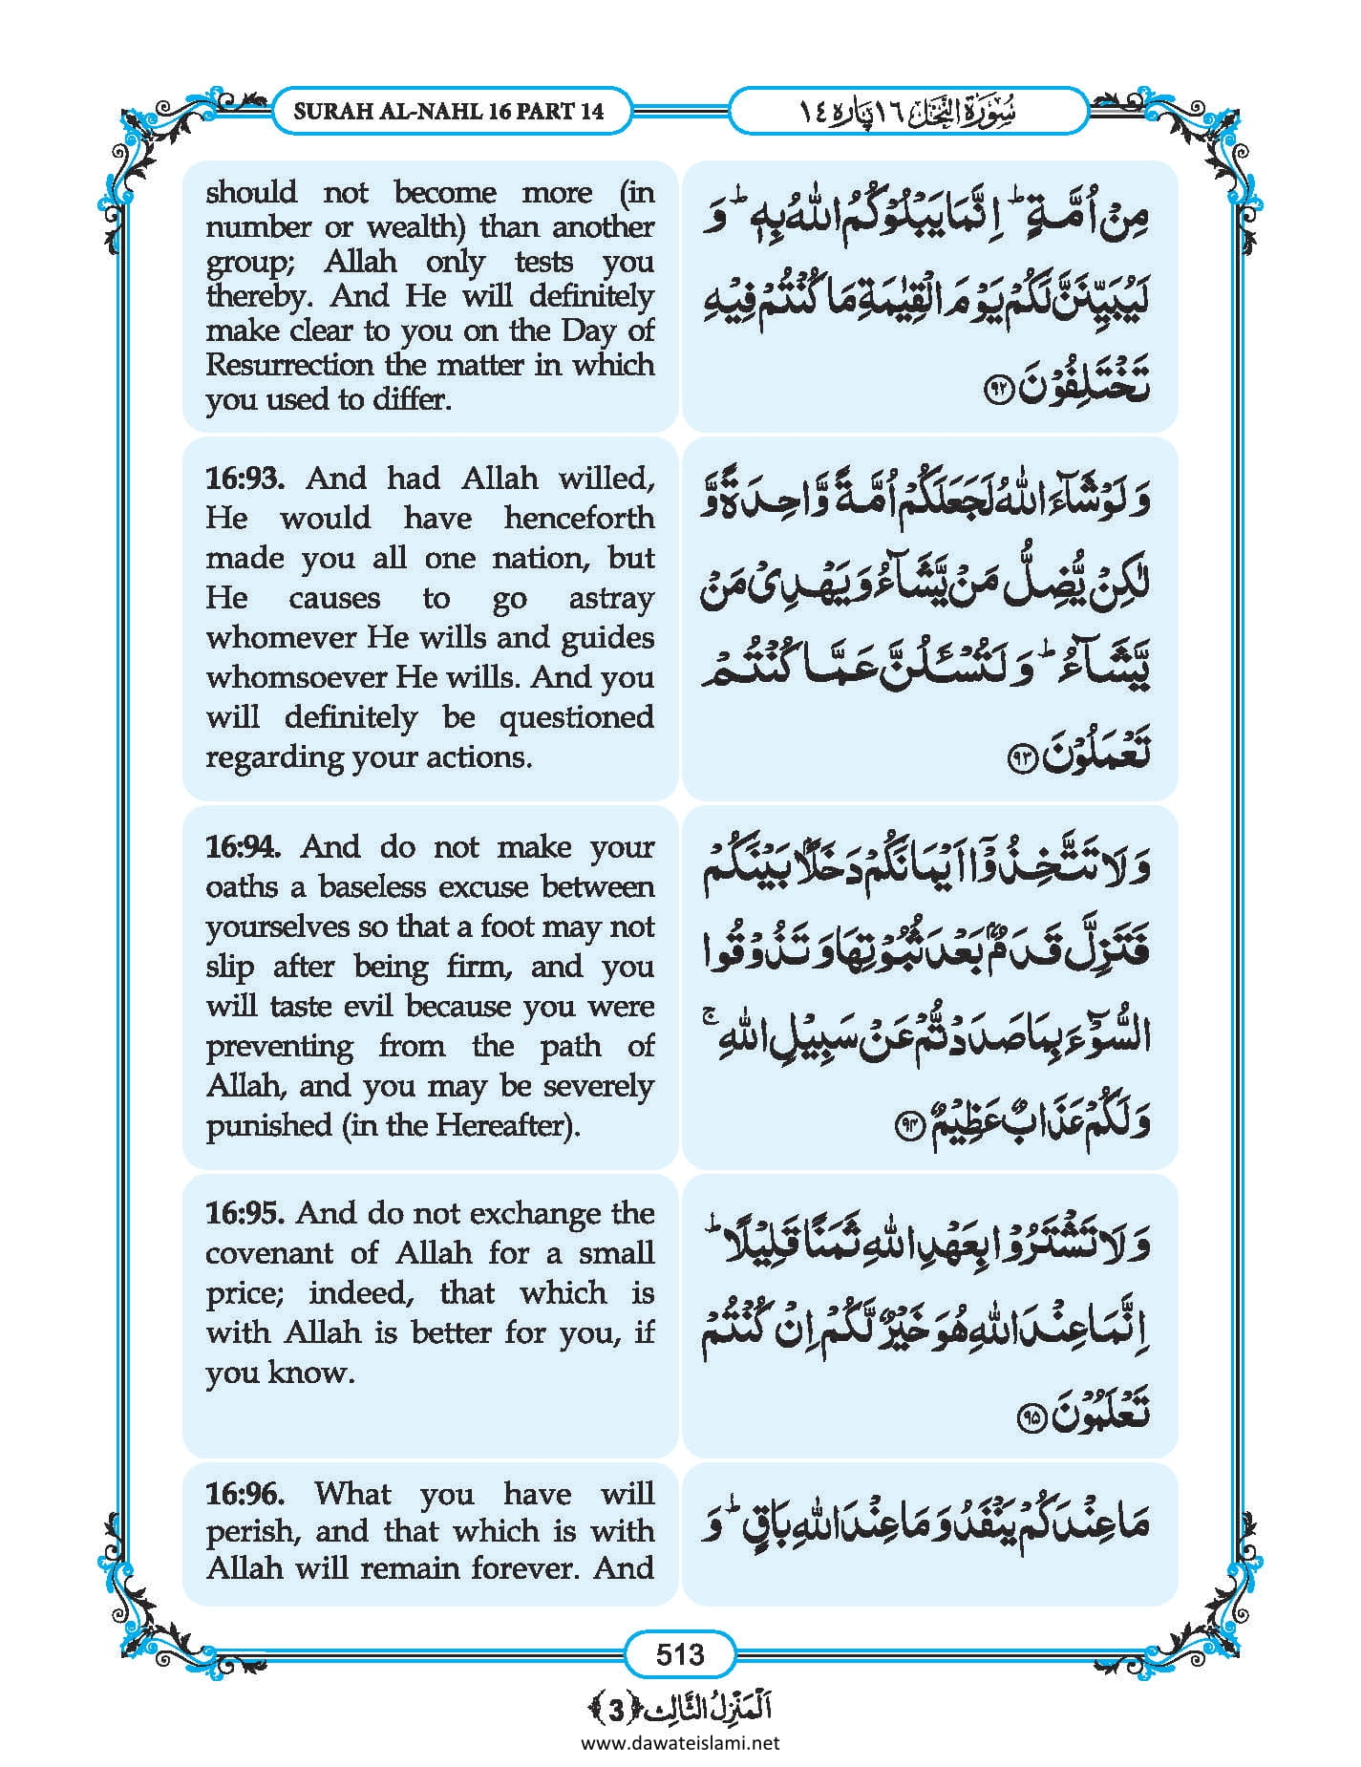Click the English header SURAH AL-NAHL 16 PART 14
pyautogui.click(x=448, y=111)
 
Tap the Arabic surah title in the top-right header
pyautogui.click(x=906, y=111)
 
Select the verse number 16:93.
pyautogui.click(x=245, y=478)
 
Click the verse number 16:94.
pyautogui.click(x=244, y=846)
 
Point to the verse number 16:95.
pyautogui.click(x=245, y=1213)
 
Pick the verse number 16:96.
pyautogui.click(x=245, y=1493)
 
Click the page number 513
pyautogui.click(x=679, y=1653)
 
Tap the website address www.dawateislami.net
pyautogui.click(x=679, y=1742)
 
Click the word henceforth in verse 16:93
pyautogui.click(x=579, y=518)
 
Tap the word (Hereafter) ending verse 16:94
pyautogui.click(x=507, y=1125)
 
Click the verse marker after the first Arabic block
pyautogui.click(x=997, y=392)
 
